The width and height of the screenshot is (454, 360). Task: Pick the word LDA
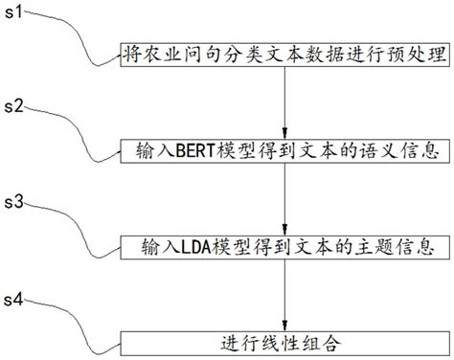(x=185, y=246)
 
